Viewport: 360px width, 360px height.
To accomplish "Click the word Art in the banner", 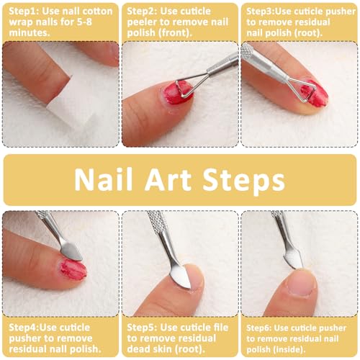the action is tap(168, 180).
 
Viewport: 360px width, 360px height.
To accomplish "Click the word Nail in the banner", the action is tap(104, 180).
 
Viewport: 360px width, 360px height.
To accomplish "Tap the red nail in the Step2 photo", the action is tap(177, 92).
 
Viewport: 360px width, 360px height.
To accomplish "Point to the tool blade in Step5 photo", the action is tap(181, 276).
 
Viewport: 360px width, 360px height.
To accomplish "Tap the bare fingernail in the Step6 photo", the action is tap(302, 283).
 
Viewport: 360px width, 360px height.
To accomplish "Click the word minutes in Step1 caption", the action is tap(29, 33).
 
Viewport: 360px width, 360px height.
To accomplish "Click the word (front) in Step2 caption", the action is tap(176, 33).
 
